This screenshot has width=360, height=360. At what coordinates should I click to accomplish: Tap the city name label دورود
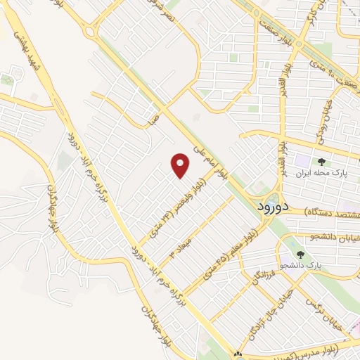pyautogui.click(x=265, y=207)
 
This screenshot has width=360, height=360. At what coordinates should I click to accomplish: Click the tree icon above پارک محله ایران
pyautogui.click(x=311, y=162)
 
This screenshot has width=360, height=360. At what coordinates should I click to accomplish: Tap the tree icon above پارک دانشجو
pyautogui.click(x=301, y=255)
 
